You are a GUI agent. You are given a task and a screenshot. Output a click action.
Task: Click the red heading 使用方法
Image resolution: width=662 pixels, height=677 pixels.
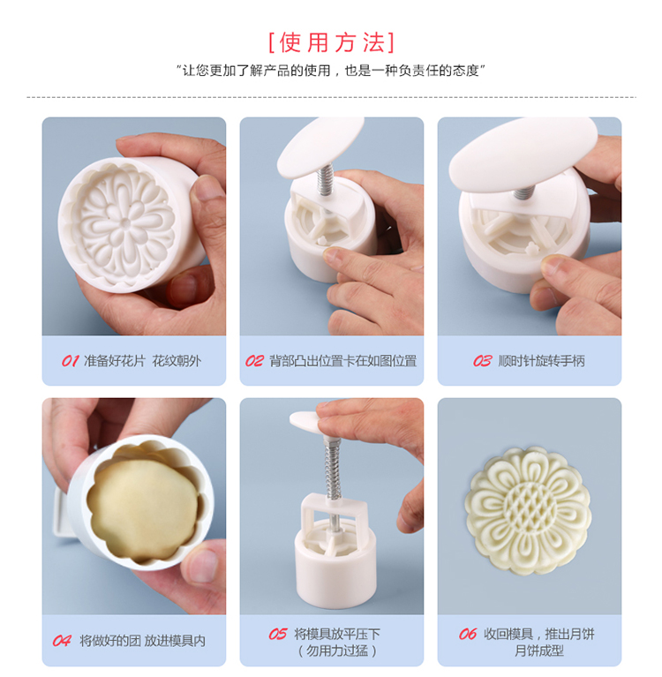[331, 42]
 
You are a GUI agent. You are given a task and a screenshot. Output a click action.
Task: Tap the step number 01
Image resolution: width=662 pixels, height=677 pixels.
[70, 361]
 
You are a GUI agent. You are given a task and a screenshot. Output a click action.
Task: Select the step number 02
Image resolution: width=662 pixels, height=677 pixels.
[254, 361]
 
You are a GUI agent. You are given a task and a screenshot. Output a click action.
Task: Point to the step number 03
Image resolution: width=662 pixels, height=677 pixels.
[482, 361]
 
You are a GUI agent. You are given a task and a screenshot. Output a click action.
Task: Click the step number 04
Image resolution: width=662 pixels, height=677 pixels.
[61, 641]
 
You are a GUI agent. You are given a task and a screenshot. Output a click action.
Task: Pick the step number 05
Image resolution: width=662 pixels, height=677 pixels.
[277, 634]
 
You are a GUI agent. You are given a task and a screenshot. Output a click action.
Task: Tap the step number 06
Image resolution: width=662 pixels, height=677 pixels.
[467, 634]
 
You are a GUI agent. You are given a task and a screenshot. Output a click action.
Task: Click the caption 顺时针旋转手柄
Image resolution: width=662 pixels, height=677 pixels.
[542, 361]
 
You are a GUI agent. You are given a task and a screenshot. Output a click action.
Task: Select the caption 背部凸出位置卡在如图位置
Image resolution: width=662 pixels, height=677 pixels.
[342, 361]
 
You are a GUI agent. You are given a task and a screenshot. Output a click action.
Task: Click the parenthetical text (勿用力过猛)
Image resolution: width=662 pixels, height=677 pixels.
[337, 651]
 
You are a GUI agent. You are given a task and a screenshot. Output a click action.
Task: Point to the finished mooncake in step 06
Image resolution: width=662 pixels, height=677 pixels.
[528, 511]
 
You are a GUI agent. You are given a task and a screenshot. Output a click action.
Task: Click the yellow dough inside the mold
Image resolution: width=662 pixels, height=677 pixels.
[144, 510]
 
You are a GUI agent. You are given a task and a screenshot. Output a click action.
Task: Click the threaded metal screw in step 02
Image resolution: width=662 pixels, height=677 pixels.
[325, 178]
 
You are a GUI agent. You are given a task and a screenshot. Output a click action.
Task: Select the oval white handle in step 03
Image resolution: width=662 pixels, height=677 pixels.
[523, 154]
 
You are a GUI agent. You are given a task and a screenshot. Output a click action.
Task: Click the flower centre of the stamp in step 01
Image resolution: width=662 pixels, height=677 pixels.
[124, 223]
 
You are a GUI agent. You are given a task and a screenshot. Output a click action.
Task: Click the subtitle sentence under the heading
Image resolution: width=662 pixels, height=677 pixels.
[331, 71]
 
